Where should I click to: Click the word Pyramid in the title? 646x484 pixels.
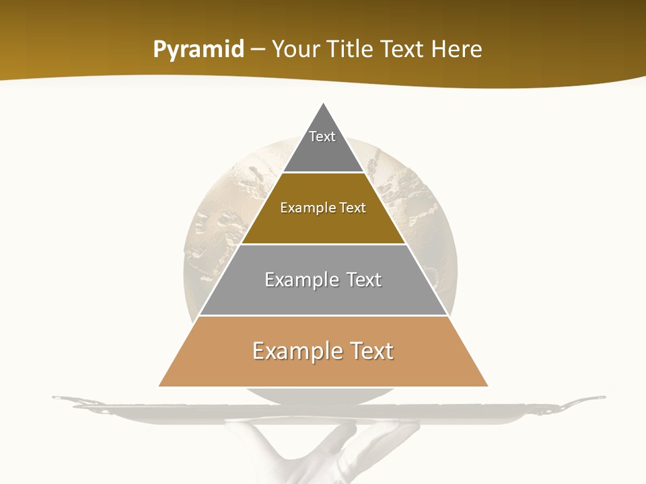198,50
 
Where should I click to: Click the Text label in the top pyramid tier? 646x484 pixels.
322,136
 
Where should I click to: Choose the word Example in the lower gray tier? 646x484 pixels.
301,280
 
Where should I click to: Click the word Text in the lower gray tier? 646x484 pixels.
364,280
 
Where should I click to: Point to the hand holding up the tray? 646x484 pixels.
336,450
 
